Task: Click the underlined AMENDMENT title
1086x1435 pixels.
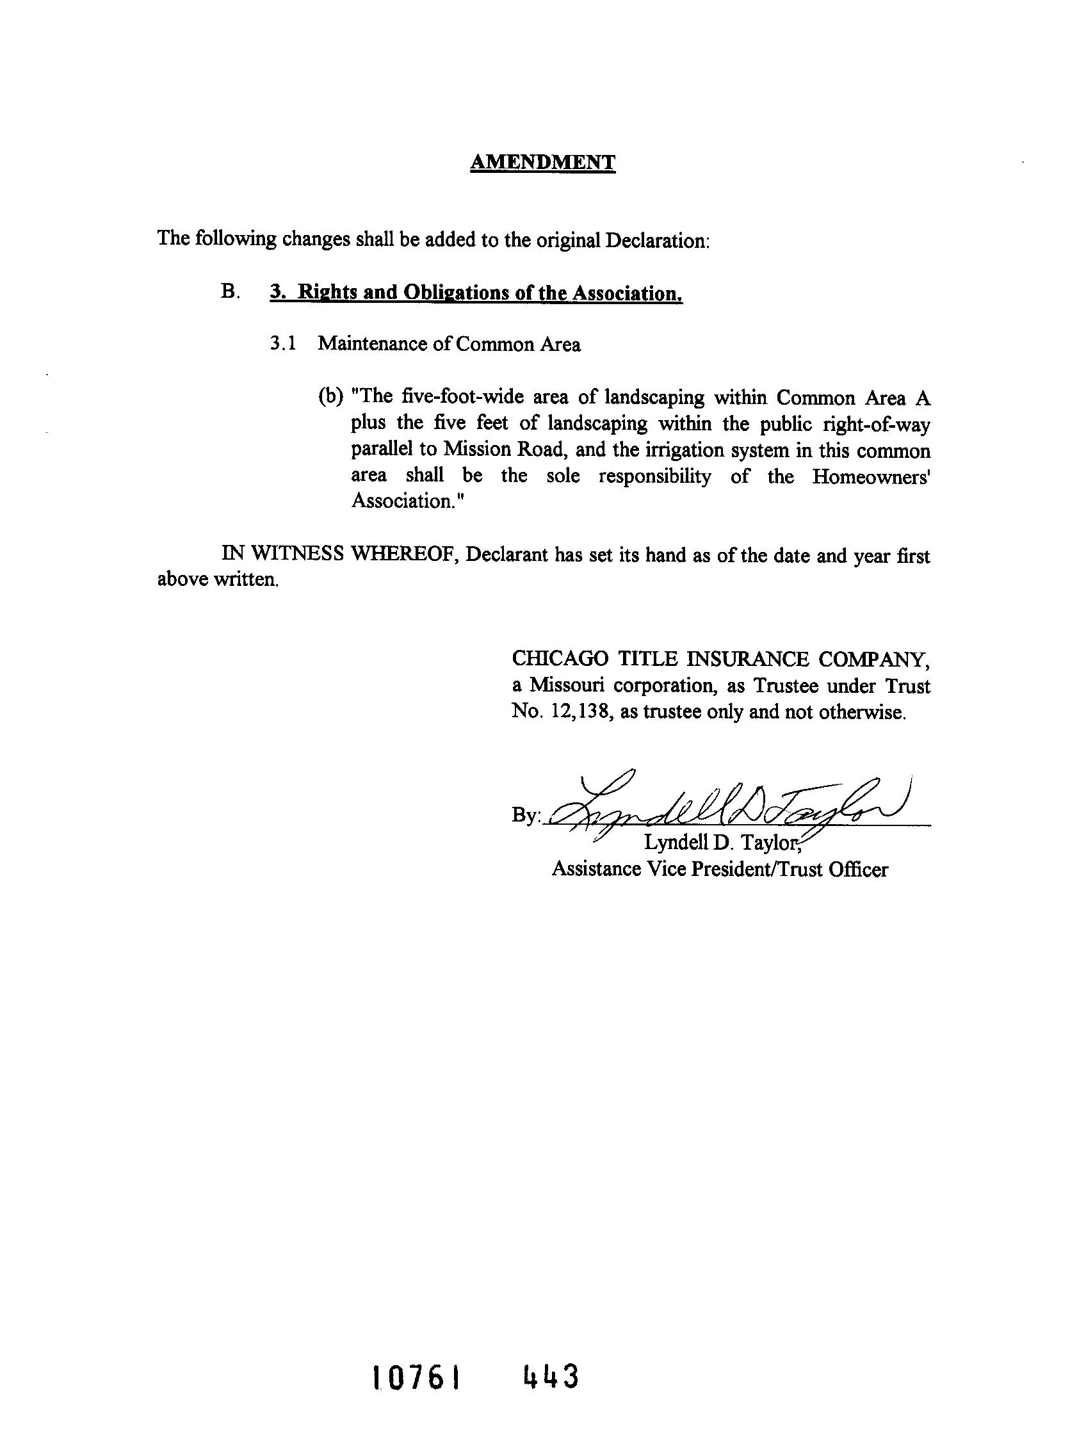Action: [542, 161]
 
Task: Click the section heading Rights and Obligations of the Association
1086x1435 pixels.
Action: [476, 293]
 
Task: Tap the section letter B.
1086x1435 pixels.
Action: [229, 292]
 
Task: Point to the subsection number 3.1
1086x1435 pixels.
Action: [283, 344]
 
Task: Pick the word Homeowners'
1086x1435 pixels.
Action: [871, 476]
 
